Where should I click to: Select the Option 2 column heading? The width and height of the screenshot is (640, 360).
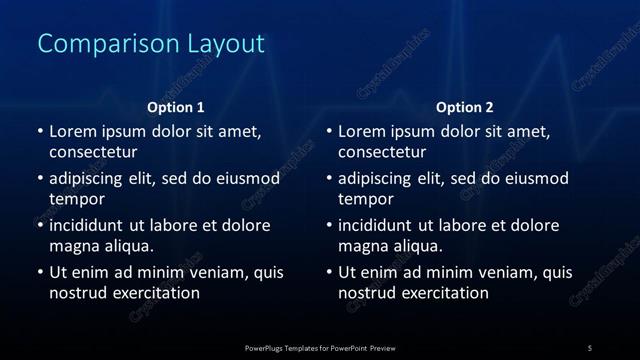pos(465,107)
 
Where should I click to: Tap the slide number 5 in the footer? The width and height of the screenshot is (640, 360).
pos(589,348)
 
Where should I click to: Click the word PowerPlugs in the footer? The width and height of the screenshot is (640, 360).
pos(268,348)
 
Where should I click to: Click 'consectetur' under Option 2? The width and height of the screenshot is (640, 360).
pos(382,153)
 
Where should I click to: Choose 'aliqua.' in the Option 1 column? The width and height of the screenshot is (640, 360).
pos(127,245)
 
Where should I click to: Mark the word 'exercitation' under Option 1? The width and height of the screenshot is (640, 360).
pos(154,293)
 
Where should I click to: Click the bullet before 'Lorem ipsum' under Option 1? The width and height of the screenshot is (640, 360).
pos(40,131)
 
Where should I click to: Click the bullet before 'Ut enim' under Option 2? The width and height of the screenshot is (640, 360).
pos(330,272)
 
